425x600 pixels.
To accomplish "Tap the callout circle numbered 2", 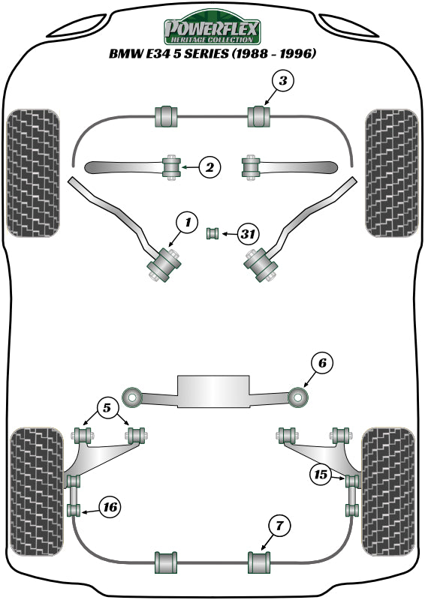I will point(209,168).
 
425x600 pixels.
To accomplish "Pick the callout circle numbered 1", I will point(187,221).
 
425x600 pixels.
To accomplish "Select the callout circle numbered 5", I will point(107,409).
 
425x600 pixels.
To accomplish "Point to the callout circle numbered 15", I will point(321,474).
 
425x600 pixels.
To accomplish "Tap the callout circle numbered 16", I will point(110,508).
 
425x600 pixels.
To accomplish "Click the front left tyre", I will point(33,172).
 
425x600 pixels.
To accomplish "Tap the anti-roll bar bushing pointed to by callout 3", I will point(258,116).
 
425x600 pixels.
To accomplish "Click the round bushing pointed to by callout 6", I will point(297,394).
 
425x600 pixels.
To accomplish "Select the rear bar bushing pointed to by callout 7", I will point(258,560).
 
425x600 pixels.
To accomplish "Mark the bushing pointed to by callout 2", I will point(172,166).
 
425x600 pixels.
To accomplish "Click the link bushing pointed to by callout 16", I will point(74,511).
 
